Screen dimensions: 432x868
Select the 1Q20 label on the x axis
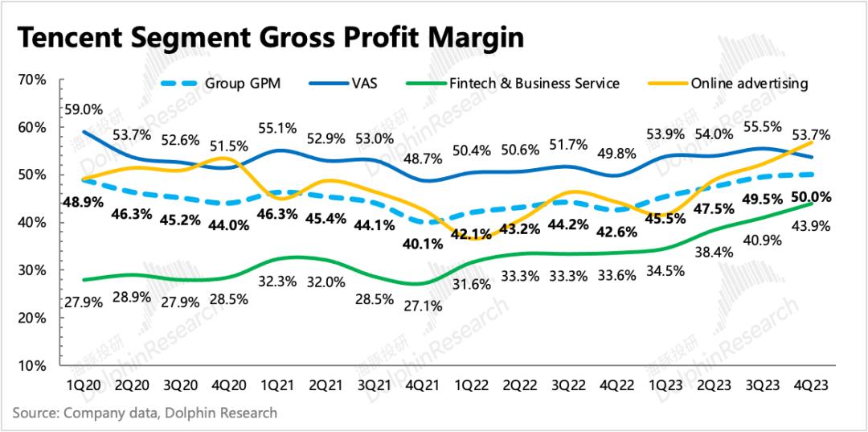tap(84, 386)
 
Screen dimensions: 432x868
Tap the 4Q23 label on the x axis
tap(811, 386)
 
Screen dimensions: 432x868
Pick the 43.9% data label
tap(812, 228)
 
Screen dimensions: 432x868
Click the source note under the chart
tap(145, 413)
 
